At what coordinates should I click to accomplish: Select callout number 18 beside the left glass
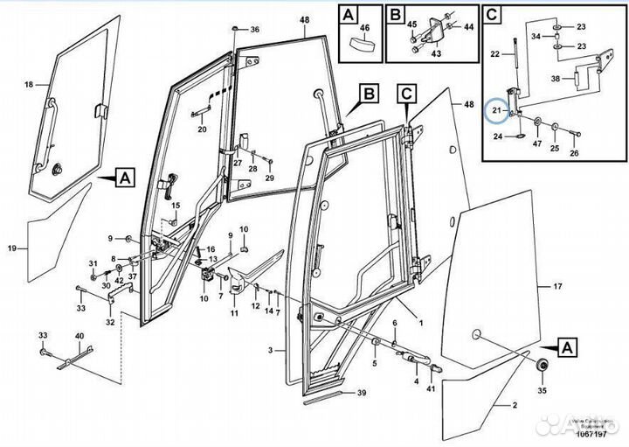pos(28,85)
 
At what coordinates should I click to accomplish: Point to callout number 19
pos(11,249)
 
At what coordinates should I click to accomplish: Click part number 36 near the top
pos(255,30)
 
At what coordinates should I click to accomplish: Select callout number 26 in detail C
pos(573,153)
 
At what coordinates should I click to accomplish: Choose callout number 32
pos(109,321)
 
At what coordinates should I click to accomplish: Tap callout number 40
pos(79,336)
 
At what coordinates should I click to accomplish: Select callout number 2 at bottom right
pos(515,404)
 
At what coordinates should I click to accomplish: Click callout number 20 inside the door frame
pos(202,129)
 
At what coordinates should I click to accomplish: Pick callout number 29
pos(270,178)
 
